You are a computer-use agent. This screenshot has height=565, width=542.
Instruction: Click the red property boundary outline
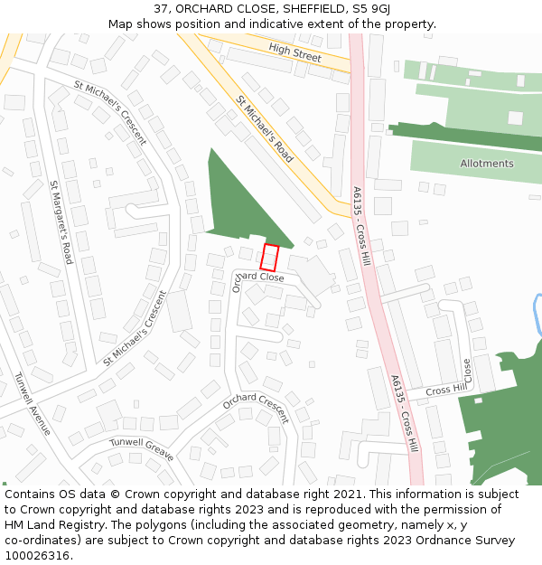269,258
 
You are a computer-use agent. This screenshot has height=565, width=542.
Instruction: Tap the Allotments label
486,164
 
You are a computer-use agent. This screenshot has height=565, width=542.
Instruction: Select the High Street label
294,53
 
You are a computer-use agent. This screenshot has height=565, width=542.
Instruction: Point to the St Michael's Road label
265,129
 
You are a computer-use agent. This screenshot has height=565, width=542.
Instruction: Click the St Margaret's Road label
61,222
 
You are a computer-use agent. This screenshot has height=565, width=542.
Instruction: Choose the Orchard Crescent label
256,408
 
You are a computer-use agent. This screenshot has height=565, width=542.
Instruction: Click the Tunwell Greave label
141,449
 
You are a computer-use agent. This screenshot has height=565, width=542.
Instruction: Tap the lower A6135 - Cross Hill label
406,413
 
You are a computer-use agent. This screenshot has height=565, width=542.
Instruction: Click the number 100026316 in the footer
38,555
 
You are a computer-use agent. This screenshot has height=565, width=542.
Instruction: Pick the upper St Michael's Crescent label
110,112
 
